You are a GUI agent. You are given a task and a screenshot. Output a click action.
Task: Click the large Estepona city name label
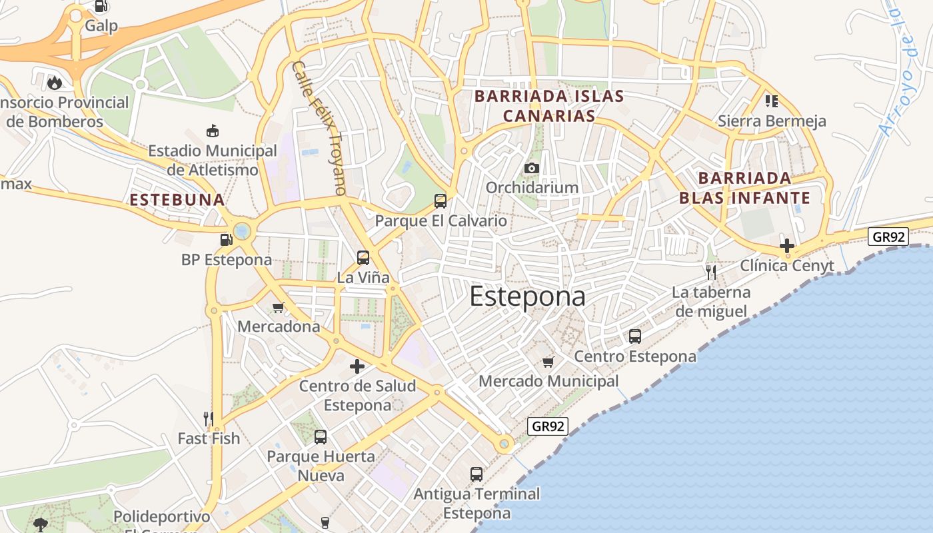[x=528, y=296]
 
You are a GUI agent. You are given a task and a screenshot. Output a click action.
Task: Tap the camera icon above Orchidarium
[x=531, y=168]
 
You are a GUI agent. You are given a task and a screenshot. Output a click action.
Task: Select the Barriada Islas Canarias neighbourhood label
[x=549, y=106]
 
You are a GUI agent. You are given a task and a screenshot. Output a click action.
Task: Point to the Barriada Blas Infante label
[x=744, y=188]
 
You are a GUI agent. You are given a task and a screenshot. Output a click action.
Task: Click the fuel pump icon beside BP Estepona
[x=227, y=239]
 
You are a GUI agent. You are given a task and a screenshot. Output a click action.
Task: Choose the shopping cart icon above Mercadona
[x=279, y=307]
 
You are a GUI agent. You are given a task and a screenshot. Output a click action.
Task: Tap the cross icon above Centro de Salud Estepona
[x=357, y=366]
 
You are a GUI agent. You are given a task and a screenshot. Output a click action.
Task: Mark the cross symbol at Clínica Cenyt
[x=787, y=245]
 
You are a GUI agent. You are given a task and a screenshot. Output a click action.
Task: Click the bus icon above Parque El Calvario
[x=440, y=201]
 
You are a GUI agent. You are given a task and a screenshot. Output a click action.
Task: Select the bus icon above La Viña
[x=363, y=257]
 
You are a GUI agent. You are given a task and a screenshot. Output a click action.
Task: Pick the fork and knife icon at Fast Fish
[x=209, y=418]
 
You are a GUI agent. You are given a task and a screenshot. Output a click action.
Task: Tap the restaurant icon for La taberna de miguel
[x=711, y=272]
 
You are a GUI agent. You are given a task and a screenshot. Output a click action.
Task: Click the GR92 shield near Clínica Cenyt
[x=889, y=237]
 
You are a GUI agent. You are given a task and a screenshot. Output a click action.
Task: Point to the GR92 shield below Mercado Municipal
[x=548, y=426]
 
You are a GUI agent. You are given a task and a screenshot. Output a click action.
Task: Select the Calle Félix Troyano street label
[x=319, y=128]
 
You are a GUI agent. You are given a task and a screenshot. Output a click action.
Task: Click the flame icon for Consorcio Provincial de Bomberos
[x=55, y=83]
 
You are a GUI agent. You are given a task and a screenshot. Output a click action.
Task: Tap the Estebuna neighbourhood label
[x=177, y=200]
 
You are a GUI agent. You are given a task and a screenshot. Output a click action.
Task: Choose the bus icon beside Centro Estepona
[x=635, y=336]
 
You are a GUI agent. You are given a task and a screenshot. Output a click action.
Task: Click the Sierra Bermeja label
[x=772, y=121]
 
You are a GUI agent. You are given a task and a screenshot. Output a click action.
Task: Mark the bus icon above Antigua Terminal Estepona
[x=476, y=474]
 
